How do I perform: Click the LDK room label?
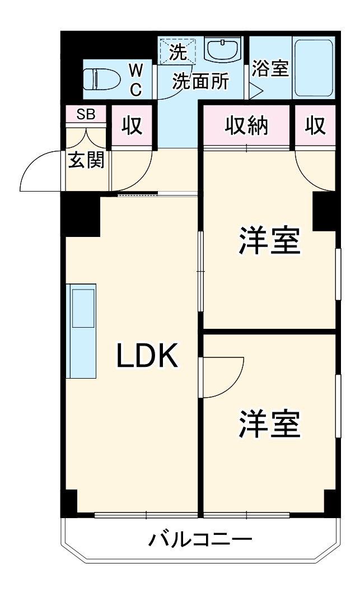click(x=147, y=356)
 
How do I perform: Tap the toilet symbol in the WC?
click(x=101, y=78)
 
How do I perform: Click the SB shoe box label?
click(x=86, y=114)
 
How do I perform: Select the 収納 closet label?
click(x=247, y=126)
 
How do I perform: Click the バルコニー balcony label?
click(x=200, y=541)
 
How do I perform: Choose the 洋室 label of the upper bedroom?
click(x=269, y=241)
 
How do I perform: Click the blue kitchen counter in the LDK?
click(x=81, y=330)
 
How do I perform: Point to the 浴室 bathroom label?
click(x=270, y=68)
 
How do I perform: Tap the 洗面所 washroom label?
click(x=200, y=82)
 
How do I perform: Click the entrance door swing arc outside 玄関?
click(x=39, y=171)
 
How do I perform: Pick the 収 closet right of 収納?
click(x=315, y=126)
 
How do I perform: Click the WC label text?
click(x=136, y=80)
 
